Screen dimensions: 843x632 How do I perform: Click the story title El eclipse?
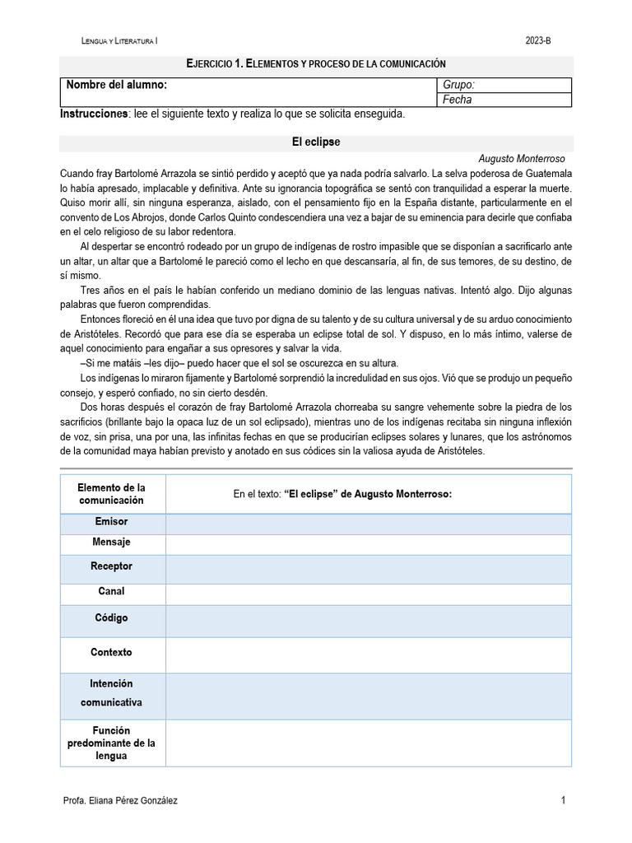tap(316, 142)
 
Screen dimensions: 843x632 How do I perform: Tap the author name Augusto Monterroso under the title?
tap(521, 158)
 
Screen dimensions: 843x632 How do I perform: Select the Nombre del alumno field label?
tap(117, 85)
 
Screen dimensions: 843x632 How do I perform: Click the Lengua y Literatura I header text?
tap(120, 40)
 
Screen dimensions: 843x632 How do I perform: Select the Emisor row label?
tap(112, 522)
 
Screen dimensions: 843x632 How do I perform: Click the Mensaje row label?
tap(112, 543)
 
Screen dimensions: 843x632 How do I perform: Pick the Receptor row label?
tap(112, 566)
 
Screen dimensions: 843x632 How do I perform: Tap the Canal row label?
tap(112, 592)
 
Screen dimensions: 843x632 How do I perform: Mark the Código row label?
tap(112, 618)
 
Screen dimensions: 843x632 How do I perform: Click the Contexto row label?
tap(112, 653)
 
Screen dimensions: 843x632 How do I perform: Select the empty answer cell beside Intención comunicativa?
tap(368, 694)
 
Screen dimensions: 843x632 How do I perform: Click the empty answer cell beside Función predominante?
tap(368, 743)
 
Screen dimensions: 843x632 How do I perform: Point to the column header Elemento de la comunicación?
tap(112, 494)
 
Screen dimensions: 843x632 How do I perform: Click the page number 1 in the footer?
tap(563, 800)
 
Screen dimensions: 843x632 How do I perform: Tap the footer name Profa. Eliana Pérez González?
tap(120, 800)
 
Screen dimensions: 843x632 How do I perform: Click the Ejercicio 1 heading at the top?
tap(316, 63)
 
